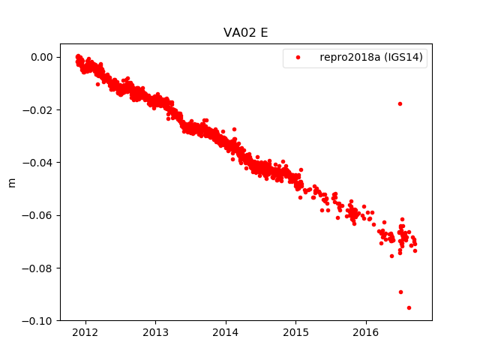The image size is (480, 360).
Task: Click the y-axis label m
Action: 11,182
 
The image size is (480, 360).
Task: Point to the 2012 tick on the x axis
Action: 85,332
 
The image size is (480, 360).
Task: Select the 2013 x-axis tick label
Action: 155,332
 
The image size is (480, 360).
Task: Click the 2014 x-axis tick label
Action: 226,332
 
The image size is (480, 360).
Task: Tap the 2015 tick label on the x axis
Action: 296,332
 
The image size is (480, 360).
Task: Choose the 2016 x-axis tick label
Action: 366,332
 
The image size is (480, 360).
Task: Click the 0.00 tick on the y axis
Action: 40,57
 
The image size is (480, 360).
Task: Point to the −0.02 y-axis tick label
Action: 37,110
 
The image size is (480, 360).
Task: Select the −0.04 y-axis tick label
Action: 37,163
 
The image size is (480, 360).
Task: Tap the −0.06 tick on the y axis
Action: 37,215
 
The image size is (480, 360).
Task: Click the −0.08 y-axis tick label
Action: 37,268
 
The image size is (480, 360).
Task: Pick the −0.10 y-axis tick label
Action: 37,321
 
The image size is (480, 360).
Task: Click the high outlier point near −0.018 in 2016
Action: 400,103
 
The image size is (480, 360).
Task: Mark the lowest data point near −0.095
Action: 409,307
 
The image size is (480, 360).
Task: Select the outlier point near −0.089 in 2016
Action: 400,292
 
